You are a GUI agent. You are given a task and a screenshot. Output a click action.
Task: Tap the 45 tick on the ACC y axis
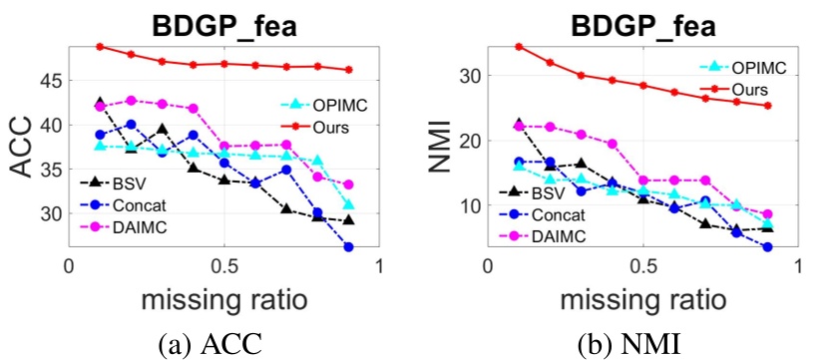[x=46, y=81]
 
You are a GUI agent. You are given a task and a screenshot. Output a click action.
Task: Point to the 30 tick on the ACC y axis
[x=46, y=213]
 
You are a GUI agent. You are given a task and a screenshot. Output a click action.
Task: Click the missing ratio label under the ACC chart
[x=224, y=300]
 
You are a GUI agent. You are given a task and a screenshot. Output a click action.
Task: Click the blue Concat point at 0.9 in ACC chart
[x=348, y=246]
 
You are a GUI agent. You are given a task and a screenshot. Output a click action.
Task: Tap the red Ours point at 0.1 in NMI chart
[x=519, y=46]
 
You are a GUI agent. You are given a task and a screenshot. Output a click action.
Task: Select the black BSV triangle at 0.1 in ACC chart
[x=100, y=103]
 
